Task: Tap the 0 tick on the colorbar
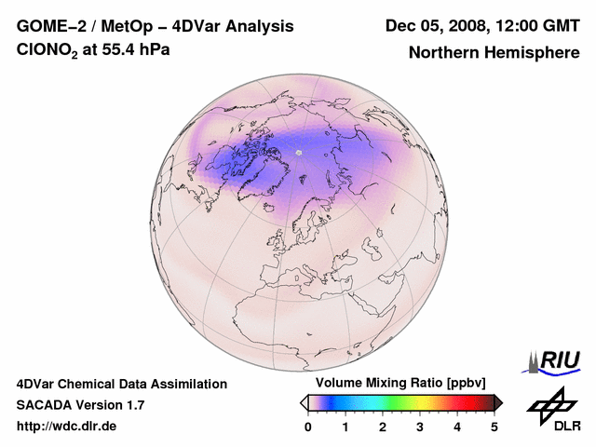click(x=308, y=427)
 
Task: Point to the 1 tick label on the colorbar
click(x=345, y=427)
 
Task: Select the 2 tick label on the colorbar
click(x=383, y=427)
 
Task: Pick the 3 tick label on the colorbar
click(x=420, y=427)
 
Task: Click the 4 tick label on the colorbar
click(x=457, y=427)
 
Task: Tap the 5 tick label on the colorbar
click(x=494, y=427)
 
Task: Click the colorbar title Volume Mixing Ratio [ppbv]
click(x=400, y=384)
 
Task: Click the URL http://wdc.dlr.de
click(x=68, y=427)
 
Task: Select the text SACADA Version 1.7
click(x=80, y=405)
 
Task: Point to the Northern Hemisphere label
click(x=494, y=53)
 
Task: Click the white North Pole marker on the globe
click(x=299, y=151)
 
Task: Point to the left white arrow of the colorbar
click(x=304, y=401)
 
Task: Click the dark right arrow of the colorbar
click(x=498, y=401)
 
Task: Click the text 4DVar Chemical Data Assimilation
click(x=122, y=384)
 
